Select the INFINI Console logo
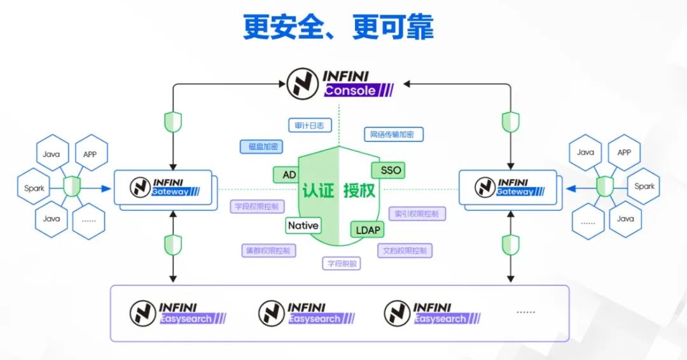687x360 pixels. (x=339, y=84)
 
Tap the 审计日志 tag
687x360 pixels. (x=309, y=125)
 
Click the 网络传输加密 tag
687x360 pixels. (x=393, y=134)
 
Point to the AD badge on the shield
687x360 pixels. (x=289, y=174)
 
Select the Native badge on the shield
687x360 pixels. (x=303, y=225)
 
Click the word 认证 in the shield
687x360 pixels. (x=318, y=190)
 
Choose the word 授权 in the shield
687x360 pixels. (x=359, y=190)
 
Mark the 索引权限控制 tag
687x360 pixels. (x=417, y=214)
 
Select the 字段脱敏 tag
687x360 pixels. (x=341, y=263)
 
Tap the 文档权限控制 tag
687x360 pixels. (x=405, y=251)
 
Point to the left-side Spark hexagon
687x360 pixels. (x=34, y=188)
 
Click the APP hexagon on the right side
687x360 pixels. (x=624, y=153)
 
